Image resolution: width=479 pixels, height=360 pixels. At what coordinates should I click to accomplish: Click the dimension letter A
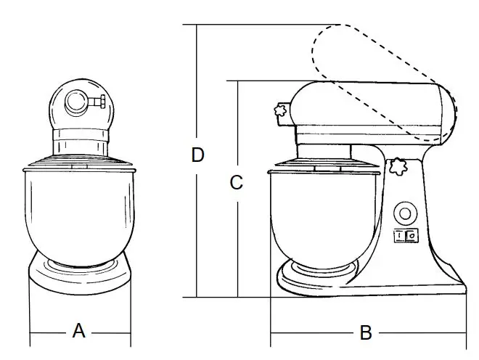coord(79,332)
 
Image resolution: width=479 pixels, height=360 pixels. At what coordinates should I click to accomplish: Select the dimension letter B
coord(367,333)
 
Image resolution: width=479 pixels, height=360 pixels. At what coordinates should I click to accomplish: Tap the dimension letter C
coord(236,183)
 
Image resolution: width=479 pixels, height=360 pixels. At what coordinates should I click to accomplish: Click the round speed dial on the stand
coord(404,213)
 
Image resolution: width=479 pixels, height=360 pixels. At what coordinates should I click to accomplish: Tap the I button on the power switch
coord(399,235)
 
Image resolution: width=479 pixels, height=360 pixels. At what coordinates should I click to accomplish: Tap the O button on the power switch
coord(411,235)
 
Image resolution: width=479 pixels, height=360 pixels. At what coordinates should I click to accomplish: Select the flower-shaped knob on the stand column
coord(396,167)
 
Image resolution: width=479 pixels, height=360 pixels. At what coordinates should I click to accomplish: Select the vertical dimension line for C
coord(237,240)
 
